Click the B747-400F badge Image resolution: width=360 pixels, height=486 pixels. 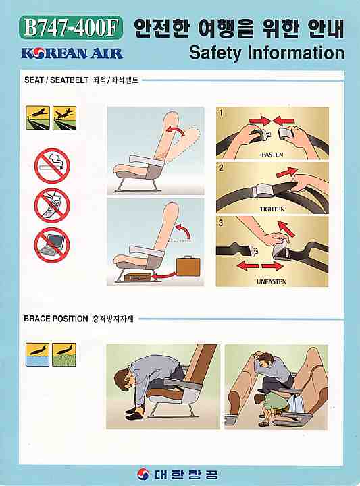(70, 28)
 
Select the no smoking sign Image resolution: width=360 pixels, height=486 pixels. (52, 165)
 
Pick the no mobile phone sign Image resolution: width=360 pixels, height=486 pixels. (52, 205)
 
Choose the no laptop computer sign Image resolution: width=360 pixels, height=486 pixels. (52, 244)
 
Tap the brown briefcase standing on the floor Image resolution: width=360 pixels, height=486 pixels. (185, 266)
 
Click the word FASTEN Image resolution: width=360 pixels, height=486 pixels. (272, 155)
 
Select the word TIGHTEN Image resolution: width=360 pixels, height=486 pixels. (272, 209)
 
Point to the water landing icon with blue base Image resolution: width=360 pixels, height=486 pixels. (36, 354)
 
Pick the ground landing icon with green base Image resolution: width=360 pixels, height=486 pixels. (64, 354)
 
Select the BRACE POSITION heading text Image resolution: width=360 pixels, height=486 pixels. (56, 318)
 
